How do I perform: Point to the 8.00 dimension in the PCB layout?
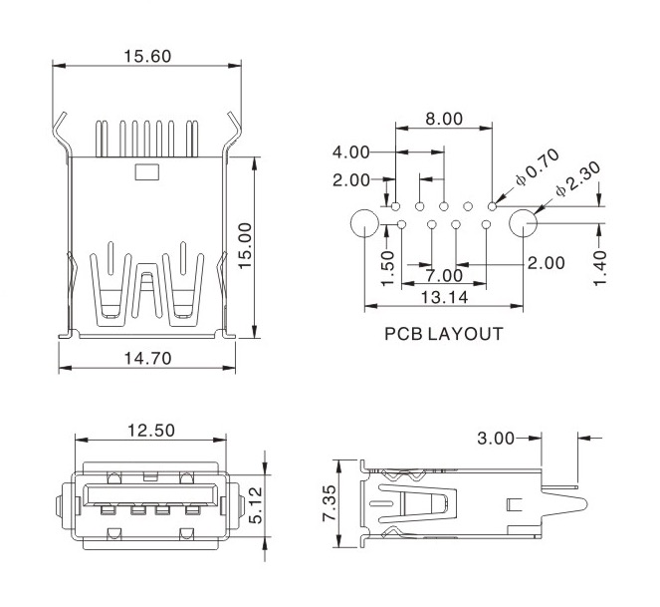click(443, 119)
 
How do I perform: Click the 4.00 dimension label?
click(351, 152)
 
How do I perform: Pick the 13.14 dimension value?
click(444, 297)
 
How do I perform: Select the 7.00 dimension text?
click(443, 275)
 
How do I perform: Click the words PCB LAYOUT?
click(443, 334)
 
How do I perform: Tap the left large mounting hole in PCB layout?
click(364, 224)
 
